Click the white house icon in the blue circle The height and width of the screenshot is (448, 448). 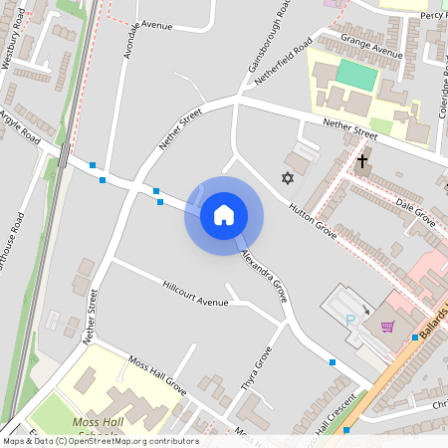pos(223,215)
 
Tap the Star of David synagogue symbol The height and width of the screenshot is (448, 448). pos(289,178)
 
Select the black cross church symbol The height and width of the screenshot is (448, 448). pos(362,159)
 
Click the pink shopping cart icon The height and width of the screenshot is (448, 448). pos(387,326)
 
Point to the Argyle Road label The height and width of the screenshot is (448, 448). pos(20,127)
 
